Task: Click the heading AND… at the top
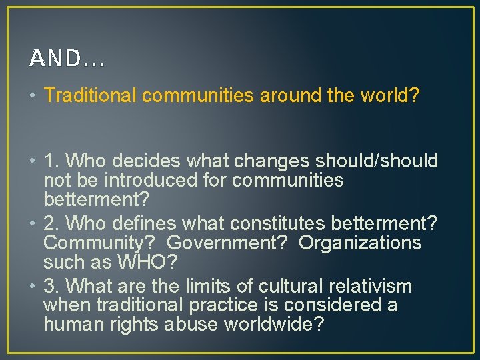click(67, 59)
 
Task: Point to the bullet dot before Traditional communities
click(33, 96)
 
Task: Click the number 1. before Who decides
click(52, 161)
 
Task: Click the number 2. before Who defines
click(52, 223)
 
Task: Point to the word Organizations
click(360, 243)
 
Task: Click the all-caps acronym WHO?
click(146, 262)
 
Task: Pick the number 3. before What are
click(52, 286)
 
